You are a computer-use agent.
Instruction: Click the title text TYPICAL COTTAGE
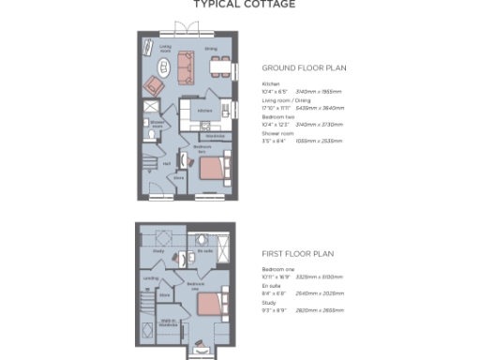click(244, 5)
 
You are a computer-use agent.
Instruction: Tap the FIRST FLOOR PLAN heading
click(297, 253)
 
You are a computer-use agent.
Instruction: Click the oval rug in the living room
click(163, 67)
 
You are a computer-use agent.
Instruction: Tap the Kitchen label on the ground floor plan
click(205, 110)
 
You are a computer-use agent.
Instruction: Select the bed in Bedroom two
click(213, 168)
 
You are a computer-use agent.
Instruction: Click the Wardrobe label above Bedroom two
click(215, 135)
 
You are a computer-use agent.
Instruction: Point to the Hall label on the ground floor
click(167, 163)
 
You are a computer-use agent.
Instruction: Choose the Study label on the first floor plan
click(160, 251)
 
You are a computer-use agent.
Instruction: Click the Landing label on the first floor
click(150, 277)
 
